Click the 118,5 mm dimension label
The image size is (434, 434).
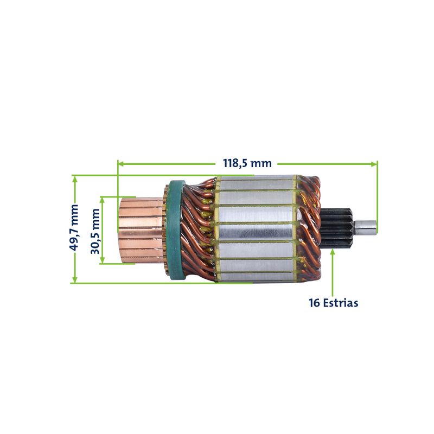tap(247, 163)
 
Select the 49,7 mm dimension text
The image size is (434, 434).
tap(74, 227)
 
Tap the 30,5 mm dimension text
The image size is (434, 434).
tap(95, 232)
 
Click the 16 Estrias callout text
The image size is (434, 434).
tap(333, 303)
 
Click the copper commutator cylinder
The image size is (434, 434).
tap(141, 230)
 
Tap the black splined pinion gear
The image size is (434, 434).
tap(336, 228)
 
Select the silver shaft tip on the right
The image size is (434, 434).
tap(366, 227)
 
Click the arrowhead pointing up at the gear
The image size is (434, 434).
tap(333, 252)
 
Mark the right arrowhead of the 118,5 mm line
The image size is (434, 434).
tap(374, 164)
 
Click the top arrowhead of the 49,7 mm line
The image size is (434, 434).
tap(74, 179)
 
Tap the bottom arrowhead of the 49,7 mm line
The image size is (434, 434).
tap(74, 279)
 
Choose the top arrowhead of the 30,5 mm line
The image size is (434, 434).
tap(102, 200)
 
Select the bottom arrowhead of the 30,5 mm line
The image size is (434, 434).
tap(102, 260)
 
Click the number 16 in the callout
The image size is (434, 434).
tap(315, 303)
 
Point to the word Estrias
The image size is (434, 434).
tap(341, 303)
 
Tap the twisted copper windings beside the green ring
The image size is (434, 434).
tap(199, 230)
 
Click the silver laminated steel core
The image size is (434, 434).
tap(256, 229)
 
